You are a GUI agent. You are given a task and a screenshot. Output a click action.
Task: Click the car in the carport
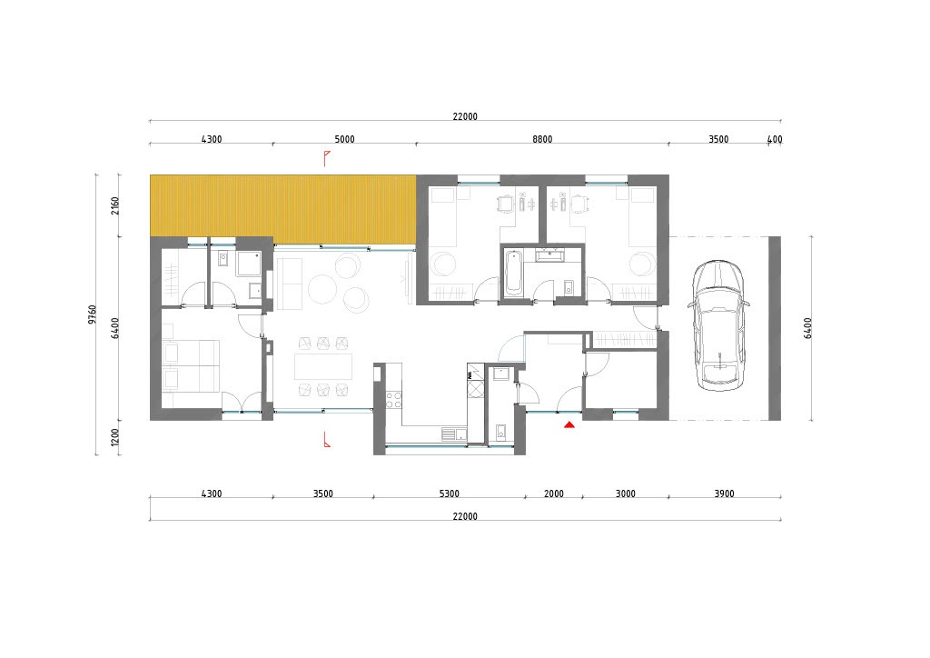(718, 325)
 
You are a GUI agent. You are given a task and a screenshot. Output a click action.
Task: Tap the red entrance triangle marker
(569, 424)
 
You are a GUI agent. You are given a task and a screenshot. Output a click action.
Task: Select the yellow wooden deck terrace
(282, 209)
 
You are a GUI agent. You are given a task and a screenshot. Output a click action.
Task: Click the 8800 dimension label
(542, 139)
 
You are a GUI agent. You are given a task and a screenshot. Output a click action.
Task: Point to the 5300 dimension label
(449, 493)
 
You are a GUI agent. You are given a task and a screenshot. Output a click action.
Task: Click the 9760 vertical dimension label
(92, 314)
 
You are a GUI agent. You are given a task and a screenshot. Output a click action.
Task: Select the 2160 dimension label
(115, 206)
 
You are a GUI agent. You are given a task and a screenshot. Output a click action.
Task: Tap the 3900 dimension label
(724, 493)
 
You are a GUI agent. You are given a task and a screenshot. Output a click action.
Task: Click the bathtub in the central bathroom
(513, 273)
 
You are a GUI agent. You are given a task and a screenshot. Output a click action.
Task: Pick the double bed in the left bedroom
(191, 365)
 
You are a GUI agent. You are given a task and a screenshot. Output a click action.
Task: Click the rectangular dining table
(323, 366)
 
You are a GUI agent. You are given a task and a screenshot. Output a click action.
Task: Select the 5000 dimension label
(344, 139)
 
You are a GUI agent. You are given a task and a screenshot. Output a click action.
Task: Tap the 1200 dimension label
(115, 438)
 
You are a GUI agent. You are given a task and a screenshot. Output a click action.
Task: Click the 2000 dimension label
(554, 493)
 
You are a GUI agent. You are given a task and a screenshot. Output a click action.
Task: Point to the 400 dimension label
(775, 139)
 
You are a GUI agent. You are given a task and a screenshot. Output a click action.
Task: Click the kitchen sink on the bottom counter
(454, 434)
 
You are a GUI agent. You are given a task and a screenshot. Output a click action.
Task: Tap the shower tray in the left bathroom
(249, 264)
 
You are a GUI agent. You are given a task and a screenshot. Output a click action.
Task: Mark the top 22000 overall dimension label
(465, 117)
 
